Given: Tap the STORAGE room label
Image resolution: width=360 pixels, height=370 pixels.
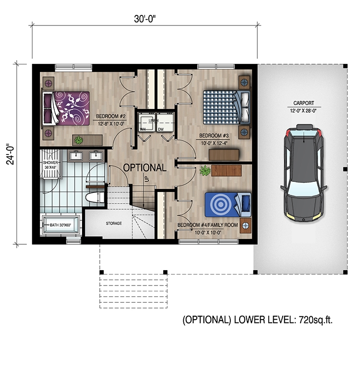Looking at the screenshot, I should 114,223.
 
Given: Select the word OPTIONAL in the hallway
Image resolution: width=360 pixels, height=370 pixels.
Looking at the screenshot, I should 144,168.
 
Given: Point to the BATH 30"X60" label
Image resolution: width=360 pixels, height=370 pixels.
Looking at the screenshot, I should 59,225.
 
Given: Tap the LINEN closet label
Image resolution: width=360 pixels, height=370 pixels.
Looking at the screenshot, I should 153,120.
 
